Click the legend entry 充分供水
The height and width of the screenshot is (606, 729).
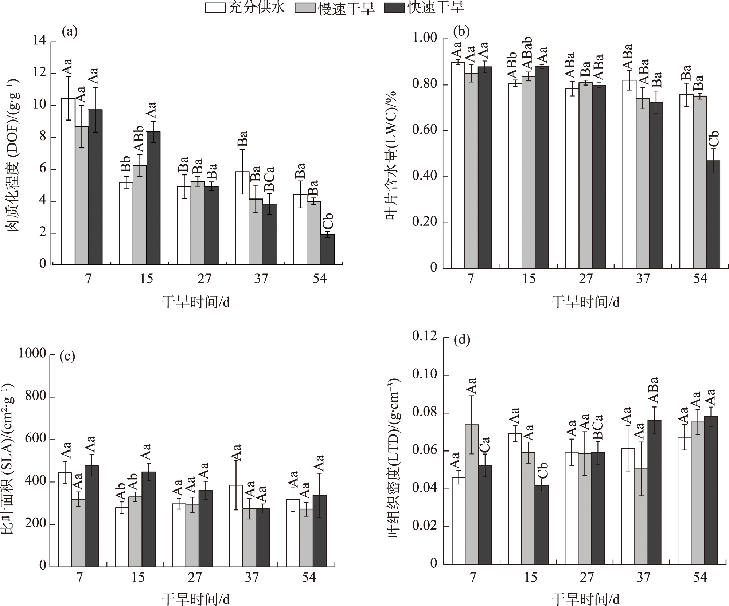[x=245, y=8]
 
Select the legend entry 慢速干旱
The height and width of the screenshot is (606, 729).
[x=336, y=8]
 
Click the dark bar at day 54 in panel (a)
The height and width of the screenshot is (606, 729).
[x=327, y=249]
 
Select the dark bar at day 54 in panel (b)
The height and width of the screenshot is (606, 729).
[x=713, y=215]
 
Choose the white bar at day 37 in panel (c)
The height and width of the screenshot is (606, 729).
[x=236, y=526]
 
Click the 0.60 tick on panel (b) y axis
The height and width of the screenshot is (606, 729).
[x=425, y=131]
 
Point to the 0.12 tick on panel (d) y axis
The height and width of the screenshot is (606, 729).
[x=425, y=336]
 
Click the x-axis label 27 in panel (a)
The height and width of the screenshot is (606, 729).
[x=204, y=279]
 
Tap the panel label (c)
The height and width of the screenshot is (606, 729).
[x=67, y=356]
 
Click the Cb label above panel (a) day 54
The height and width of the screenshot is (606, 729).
[x=328, y=221]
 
